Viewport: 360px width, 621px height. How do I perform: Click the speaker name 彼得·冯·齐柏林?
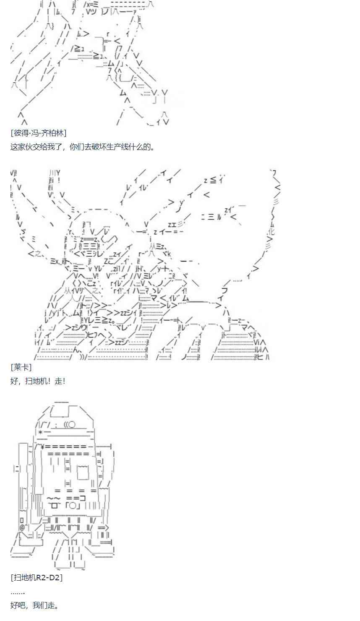click(x=38, y=133)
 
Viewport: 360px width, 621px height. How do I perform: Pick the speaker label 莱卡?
click(x=21, y=367)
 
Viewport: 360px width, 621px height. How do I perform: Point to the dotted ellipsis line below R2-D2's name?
click(x=18, y=592)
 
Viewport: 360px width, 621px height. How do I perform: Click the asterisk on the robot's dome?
click(x=40, y=432)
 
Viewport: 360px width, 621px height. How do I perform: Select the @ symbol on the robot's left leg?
click(x=22, y=527)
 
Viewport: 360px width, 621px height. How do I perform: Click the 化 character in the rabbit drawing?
click(x=271, y=231)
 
